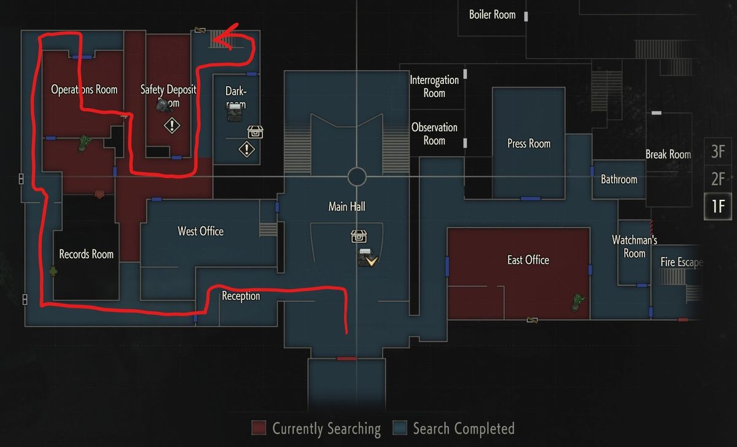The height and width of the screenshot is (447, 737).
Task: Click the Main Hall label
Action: (x=347, y=207)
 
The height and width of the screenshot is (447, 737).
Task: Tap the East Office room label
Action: (x=528, y=260)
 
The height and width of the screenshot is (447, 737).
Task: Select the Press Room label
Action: (x=529, y=143)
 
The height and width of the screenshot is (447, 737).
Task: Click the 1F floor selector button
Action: (x=718, y=206)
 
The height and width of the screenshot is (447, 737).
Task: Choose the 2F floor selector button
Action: (x=718, y=179)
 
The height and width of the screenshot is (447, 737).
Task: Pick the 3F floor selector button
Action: (x=718, y=151)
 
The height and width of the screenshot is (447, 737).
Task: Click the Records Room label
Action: (x=86, y=254)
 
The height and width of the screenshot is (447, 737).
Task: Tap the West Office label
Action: (x=200, y=231)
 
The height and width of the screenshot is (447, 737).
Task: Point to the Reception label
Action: (x=241, y=296)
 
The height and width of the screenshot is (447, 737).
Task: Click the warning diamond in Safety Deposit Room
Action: (x=172, y=126)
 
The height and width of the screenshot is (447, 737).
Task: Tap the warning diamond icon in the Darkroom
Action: (x=246, y=149)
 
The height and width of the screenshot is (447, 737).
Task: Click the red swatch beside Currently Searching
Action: (x=259, y=428)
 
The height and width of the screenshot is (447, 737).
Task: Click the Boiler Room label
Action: (x=492, y=14)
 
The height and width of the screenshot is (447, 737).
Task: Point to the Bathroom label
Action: (x=619, y=180)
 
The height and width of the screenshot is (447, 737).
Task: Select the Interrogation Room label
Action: (x=434, y=86)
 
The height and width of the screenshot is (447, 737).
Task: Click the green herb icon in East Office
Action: (x=578, y=300)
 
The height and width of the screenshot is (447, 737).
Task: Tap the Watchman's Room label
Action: (x=634, y=246)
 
